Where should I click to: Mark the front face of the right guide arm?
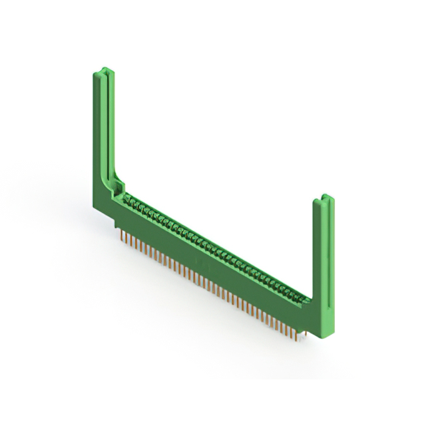tap(329, 266)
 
